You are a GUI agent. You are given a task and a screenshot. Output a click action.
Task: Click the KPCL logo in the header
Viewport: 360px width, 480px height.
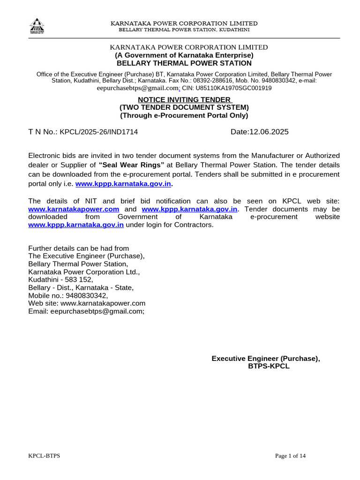tap(37, 26)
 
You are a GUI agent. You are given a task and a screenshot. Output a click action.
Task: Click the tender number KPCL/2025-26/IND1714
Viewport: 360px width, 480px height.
tap(99, 132)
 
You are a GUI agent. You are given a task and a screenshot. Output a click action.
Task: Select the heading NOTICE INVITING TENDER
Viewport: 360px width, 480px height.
tap(184, 100)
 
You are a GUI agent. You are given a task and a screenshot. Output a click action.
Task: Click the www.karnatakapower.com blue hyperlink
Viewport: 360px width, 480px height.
tap(74, 209)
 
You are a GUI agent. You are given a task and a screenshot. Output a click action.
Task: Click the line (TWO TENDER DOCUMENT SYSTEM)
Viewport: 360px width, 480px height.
tap(184, 107)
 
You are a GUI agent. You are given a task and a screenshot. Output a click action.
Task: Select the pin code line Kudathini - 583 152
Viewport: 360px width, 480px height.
tap(60, 280)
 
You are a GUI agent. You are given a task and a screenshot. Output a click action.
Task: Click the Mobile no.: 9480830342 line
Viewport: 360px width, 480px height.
tap(68, 296)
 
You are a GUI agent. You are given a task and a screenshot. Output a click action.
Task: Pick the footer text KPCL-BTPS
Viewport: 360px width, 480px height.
tap(44, 456)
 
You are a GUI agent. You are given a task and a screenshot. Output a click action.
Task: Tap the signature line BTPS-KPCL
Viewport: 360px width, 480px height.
tap(269, 367)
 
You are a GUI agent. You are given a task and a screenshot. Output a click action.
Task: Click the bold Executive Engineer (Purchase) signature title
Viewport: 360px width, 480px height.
tap(265, 359)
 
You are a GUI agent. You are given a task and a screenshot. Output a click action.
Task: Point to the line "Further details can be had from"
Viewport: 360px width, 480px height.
tap(79, 248)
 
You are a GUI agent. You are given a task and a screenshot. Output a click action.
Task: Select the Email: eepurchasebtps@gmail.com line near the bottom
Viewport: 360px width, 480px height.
tap(87, 311)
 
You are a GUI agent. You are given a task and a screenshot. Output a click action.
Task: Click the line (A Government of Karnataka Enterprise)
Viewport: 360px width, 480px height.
tap(184, 55)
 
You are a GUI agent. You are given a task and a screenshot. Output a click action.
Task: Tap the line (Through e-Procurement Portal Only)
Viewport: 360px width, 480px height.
tap(184, 115)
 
